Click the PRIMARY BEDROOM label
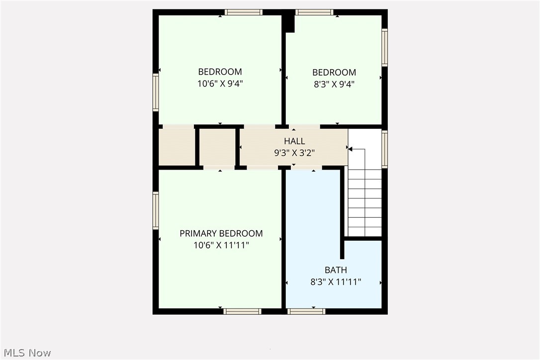tap(221, 234)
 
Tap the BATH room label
tap(336, 270)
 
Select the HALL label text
tap(294, 142)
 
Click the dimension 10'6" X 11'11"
tap(221, 245)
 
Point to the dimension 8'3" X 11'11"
tap(336, 282)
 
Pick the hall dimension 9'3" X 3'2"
tap(294, 153)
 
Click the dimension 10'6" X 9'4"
tap(220, 84)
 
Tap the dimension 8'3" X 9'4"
tap(334, 84)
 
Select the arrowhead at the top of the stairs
tap(350, 149)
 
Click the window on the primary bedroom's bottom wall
tap(242, 311)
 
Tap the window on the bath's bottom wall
tap(306, 311)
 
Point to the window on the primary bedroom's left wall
tap(156, 210)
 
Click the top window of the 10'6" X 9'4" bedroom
tap(243, 12)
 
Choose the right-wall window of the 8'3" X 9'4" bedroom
tap(384, 47)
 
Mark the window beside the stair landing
tap(384, 149)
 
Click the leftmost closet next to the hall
tap(177, 147)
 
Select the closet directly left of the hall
tap(217, 147)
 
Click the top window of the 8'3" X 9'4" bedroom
tap(314, 12)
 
